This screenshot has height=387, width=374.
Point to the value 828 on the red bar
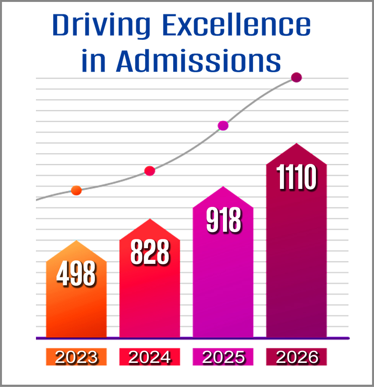click(150, 252)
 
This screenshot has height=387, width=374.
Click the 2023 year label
click(76, 357)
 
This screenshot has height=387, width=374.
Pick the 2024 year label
click(150, 357)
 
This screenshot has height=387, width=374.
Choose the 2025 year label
click(223, 357)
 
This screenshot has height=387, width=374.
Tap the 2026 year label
click(297, 357)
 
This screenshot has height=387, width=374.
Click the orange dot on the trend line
click(76, 190)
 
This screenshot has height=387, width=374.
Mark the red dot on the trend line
click(150, 171)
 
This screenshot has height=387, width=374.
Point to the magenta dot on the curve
click(223, 125)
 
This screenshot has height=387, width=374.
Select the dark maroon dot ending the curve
click(296, 78)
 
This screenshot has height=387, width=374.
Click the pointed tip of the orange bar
click(76, 242)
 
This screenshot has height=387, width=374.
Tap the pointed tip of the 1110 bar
click(296, 144)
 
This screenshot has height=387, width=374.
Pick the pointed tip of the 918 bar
click(223, 187)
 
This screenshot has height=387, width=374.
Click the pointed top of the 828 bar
click(150, 220)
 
